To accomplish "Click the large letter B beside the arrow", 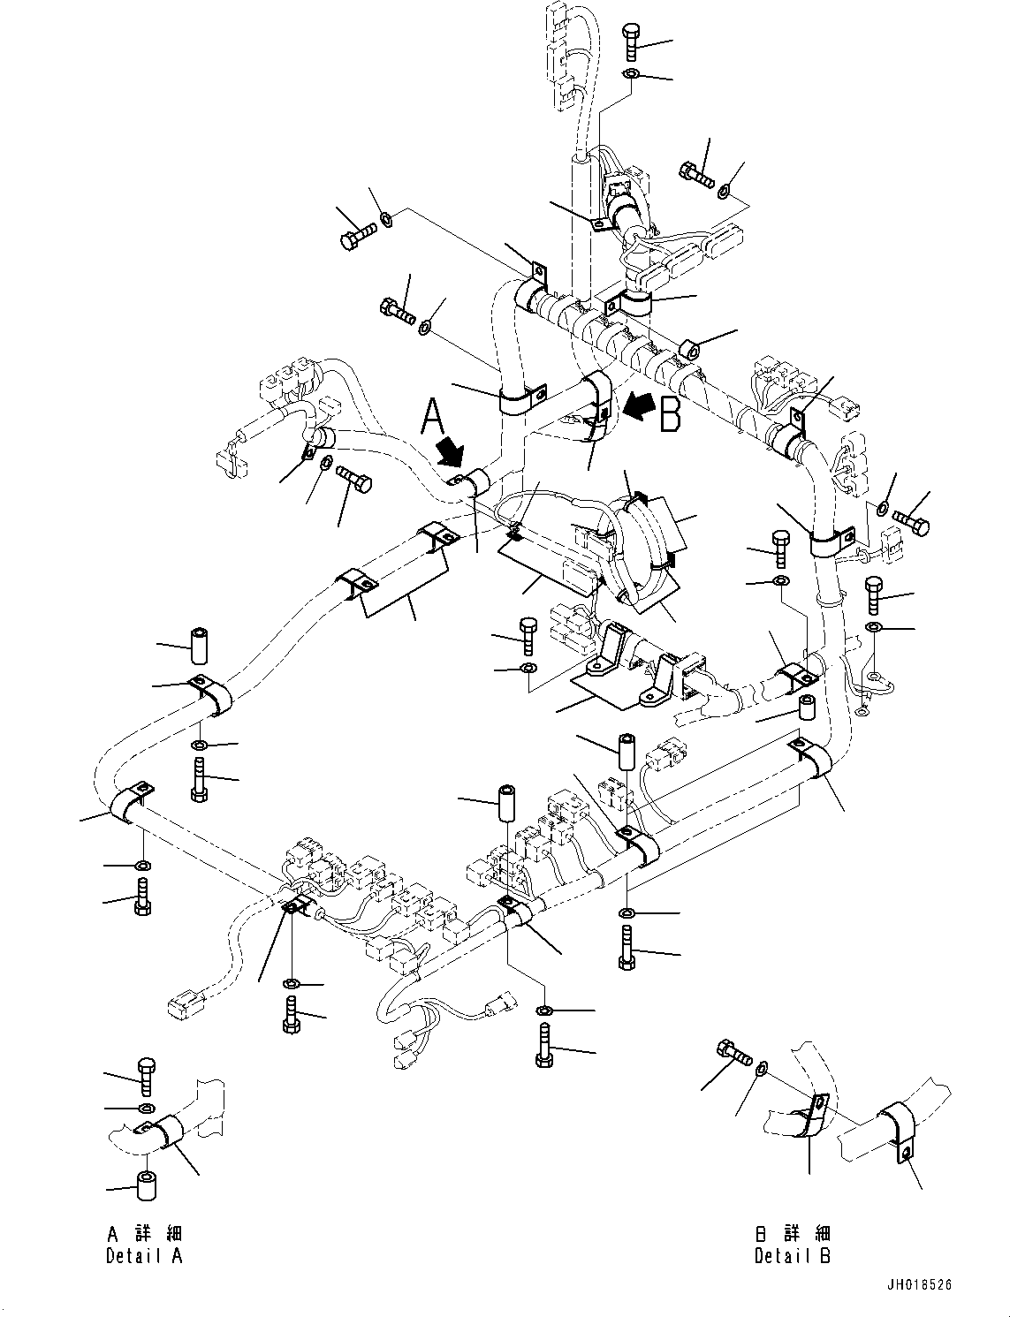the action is tap(671, 413).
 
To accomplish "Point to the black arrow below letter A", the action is tap(451, 450).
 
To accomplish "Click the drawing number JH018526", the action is tap(920, 1299).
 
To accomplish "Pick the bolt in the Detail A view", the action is tap(147, 1077).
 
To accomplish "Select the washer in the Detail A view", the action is tap(147, 1108).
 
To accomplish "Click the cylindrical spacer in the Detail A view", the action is tap(148, 1187).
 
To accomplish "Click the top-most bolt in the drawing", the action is tap(631, 42).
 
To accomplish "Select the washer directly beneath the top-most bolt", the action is tap(631, 74).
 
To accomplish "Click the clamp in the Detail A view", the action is tap(165, 1131).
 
